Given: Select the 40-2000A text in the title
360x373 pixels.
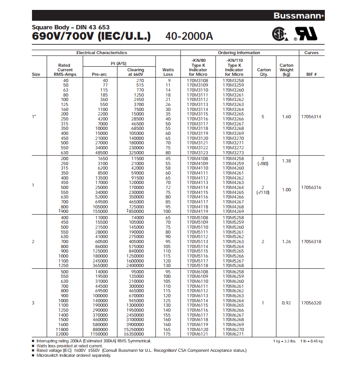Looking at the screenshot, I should pos(189,36).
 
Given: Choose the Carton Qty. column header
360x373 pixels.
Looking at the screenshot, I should pos(264,72).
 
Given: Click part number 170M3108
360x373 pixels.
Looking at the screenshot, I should pos(197,80).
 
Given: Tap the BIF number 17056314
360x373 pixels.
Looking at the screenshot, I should pos(311,117).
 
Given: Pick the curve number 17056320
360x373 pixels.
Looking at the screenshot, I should pos(311,303).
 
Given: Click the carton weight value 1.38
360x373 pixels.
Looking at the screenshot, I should pos(286,161).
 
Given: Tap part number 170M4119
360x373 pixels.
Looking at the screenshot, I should pos(197,211).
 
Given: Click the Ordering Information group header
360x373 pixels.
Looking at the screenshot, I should pos(239,53).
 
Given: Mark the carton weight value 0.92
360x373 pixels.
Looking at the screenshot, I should pos(286,303).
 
